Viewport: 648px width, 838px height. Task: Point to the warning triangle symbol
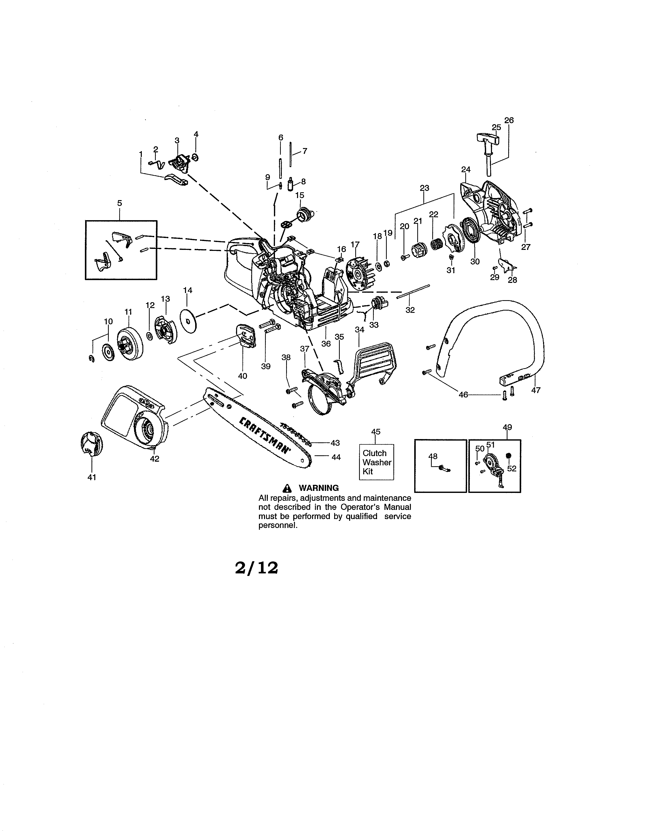tap(286, 488)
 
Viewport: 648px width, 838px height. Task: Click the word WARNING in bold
tap(319, 488)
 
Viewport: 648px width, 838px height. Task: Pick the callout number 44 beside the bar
tap(336, 457)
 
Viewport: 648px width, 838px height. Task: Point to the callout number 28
tap(513, 280)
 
